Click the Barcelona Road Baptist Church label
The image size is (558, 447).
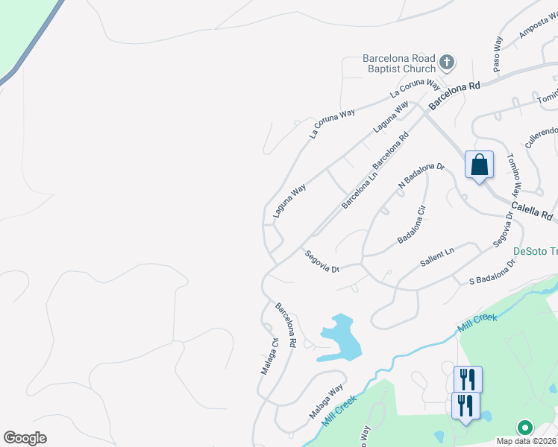(398, 63)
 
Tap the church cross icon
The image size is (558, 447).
(447, 63)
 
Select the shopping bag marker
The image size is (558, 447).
(479, 165)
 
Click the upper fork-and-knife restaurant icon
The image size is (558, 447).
(468, 379)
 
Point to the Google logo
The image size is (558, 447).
(25, 438)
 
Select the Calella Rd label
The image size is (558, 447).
(532, 212)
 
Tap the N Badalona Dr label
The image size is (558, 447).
(421, 177)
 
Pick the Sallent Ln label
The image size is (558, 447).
(436, 259)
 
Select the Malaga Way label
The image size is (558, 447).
(326, 401)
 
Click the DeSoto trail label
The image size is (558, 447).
(536, 251)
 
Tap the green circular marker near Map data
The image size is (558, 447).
(524, 428)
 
